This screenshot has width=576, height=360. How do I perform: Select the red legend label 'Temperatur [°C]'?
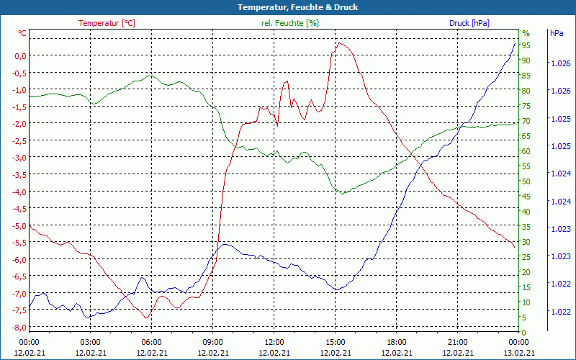(107, 23)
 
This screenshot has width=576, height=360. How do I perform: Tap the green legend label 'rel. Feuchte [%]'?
(289, 23)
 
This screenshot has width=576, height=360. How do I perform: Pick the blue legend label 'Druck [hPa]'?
(469, 23)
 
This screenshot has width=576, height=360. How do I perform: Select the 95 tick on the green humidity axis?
(526, 45)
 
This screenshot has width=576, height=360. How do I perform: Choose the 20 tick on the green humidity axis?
(526, 271)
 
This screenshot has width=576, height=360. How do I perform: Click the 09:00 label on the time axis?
(212, 342)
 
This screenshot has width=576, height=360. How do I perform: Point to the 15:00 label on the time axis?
(335, 342)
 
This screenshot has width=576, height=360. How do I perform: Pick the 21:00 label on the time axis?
(457, 342)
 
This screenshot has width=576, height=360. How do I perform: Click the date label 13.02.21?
(519, 353)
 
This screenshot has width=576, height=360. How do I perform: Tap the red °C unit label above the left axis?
(22, 33)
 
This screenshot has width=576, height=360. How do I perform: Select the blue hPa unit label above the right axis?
(557, 33)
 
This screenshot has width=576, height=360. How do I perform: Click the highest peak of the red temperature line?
(339, 42)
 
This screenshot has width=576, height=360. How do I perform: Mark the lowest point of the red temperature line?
(146, 318)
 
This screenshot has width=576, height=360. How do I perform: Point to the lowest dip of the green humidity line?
(343, 193)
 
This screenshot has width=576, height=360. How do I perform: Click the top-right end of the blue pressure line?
(515, 43)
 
